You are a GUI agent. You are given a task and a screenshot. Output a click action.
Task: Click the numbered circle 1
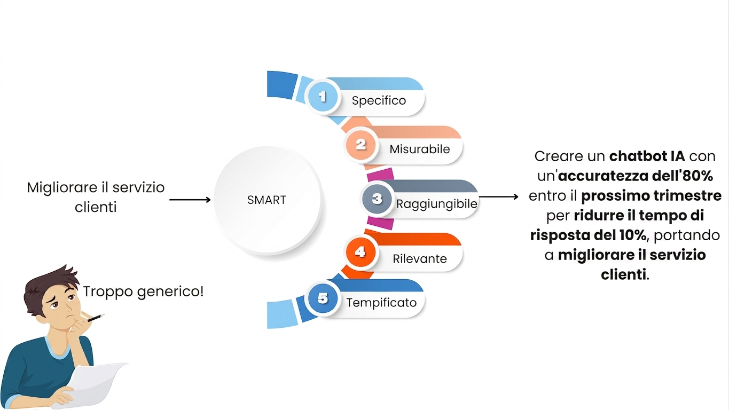pos(323,97)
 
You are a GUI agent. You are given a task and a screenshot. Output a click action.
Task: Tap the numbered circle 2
pos(360,145)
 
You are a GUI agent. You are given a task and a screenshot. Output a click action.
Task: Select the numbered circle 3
pos(377,199)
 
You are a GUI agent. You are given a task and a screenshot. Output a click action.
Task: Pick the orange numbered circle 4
pos(360,252)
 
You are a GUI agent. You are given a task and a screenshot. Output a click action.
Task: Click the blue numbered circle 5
pos(323,298)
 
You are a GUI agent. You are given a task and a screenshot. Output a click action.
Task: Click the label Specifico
pos(379,100)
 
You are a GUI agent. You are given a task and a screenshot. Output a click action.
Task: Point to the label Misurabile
pos(419,149)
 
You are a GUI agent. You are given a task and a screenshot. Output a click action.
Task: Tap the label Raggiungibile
pos(436,204)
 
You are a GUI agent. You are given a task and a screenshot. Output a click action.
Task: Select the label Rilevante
pos(419,259)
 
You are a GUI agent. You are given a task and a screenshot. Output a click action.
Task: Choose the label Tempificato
pos(381,303)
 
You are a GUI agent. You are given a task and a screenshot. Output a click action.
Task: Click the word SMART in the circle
pos(266,200)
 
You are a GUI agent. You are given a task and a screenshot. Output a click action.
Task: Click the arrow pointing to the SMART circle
pos(190,200)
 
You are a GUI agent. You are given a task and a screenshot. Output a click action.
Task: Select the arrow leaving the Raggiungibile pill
pos(499,196)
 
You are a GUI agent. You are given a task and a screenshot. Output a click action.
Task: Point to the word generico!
pos(170,292)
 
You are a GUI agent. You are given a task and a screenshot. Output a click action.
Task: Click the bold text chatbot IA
pos(647,156)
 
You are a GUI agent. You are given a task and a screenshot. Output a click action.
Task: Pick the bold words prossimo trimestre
pos(651,196)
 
